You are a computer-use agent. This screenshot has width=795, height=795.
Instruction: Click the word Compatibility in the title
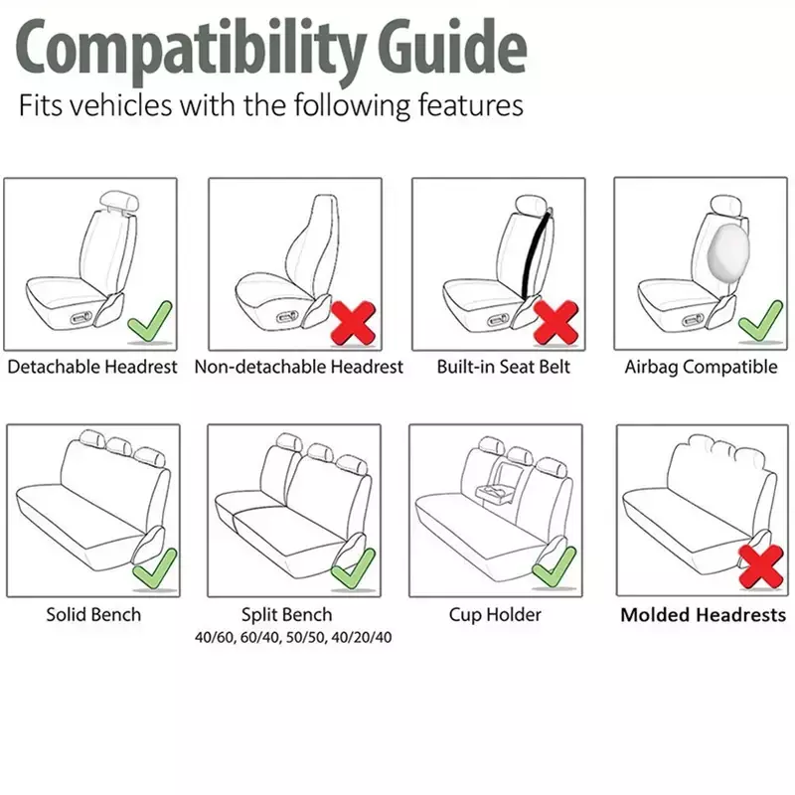191,50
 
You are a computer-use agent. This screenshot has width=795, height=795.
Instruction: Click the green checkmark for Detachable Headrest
150,322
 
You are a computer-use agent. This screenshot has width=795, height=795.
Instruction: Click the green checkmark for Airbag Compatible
760,321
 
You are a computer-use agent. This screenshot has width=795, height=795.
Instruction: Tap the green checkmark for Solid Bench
155,569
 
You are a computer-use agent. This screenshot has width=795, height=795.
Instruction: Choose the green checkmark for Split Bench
354,569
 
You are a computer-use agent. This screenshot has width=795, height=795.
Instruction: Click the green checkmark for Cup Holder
555,567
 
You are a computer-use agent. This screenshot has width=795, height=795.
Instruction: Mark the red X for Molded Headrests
760,566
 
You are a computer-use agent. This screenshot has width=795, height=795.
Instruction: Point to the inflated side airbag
729,252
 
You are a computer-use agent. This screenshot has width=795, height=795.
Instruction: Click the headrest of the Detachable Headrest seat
119,202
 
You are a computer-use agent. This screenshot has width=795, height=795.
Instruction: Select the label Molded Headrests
704,615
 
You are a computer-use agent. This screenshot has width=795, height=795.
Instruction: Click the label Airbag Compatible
701,367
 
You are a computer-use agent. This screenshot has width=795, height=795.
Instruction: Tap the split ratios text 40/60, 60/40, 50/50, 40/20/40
293,637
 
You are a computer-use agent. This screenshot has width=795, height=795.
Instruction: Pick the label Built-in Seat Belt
504,367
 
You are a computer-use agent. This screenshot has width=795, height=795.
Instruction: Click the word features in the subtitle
470,105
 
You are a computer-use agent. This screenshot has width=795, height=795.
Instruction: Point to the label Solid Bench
93,614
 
